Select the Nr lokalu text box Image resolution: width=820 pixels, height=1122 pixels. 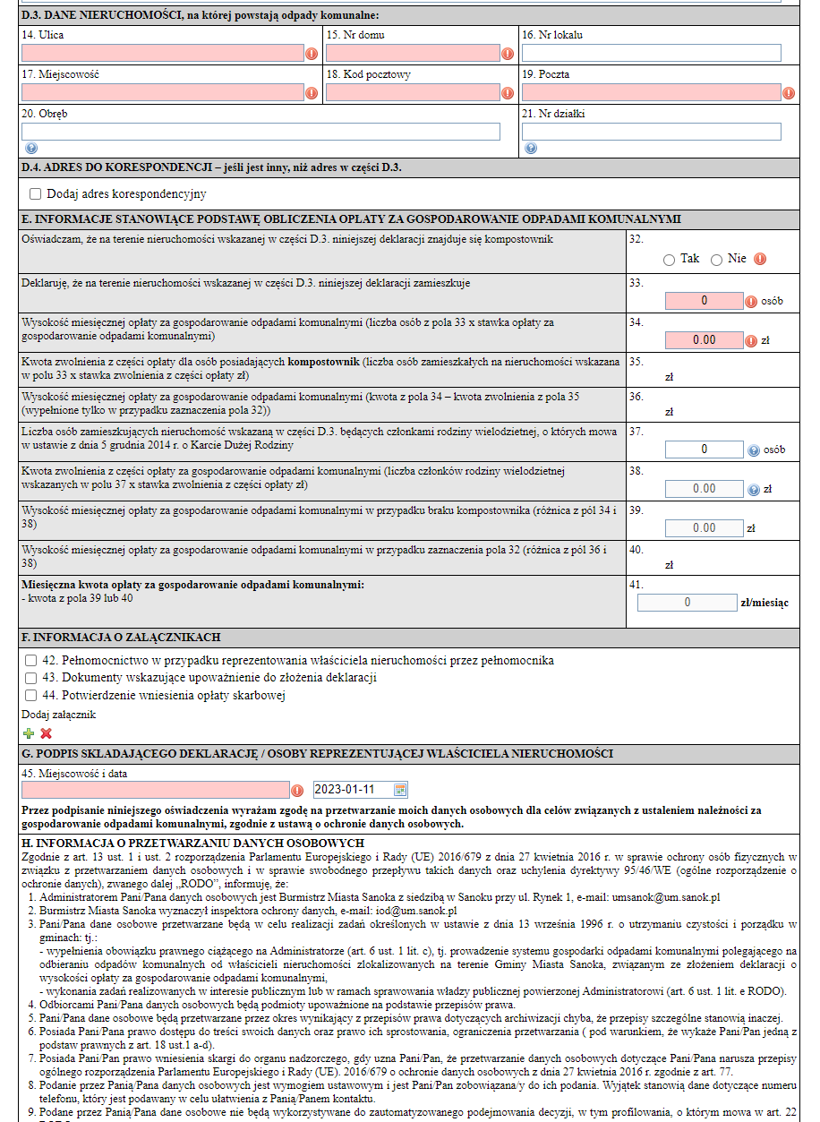(651, 54)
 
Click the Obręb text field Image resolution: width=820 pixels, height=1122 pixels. (261, 132)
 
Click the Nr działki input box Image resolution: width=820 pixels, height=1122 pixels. (651, 132)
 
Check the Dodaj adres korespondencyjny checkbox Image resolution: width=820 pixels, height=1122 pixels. (36, 193)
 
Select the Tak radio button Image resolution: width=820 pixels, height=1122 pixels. (669, 260)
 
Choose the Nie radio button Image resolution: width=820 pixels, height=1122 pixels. (716, 260)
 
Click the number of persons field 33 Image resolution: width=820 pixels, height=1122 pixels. (704, 301)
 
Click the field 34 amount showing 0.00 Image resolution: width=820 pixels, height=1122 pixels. (704, 340)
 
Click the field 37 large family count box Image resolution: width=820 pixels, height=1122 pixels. (704, 450)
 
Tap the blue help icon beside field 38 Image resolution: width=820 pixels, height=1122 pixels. (753, 490)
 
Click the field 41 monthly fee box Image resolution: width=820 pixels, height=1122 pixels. (687, 603)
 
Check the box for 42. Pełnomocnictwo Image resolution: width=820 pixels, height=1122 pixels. (30, 661)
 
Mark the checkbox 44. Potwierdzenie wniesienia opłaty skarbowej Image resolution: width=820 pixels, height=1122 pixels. (30, 695)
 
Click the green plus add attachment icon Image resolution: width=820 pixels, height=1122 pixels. (29, 733)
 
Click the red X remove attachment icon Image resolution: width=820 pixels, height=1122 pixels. (47, 733)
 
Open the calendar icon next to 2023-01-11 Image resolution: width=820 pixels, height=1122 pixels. (400, 790)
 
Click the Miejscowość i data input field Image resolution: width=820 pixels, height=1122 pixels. (156, 790)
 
